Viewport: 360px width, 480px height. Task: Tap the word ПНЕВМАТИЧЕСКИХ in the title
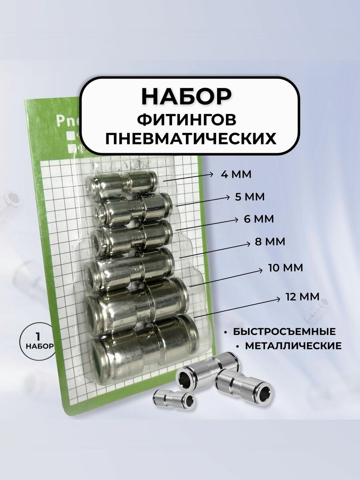tap(190, 138)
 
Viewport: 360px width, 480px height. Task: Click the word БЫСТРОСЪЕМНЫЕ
tap(284, 332)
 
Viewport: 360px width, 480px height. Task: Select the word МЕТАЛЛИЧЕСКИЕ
tap(293, 346)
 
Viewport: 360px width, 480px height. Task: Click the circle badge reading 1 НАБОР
tap(37, 340)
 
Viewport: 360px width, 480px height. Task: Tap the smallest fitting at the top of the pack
tap(122, 184)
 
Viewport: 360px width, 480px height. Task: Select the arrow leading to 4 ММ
tap(188, 178)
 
